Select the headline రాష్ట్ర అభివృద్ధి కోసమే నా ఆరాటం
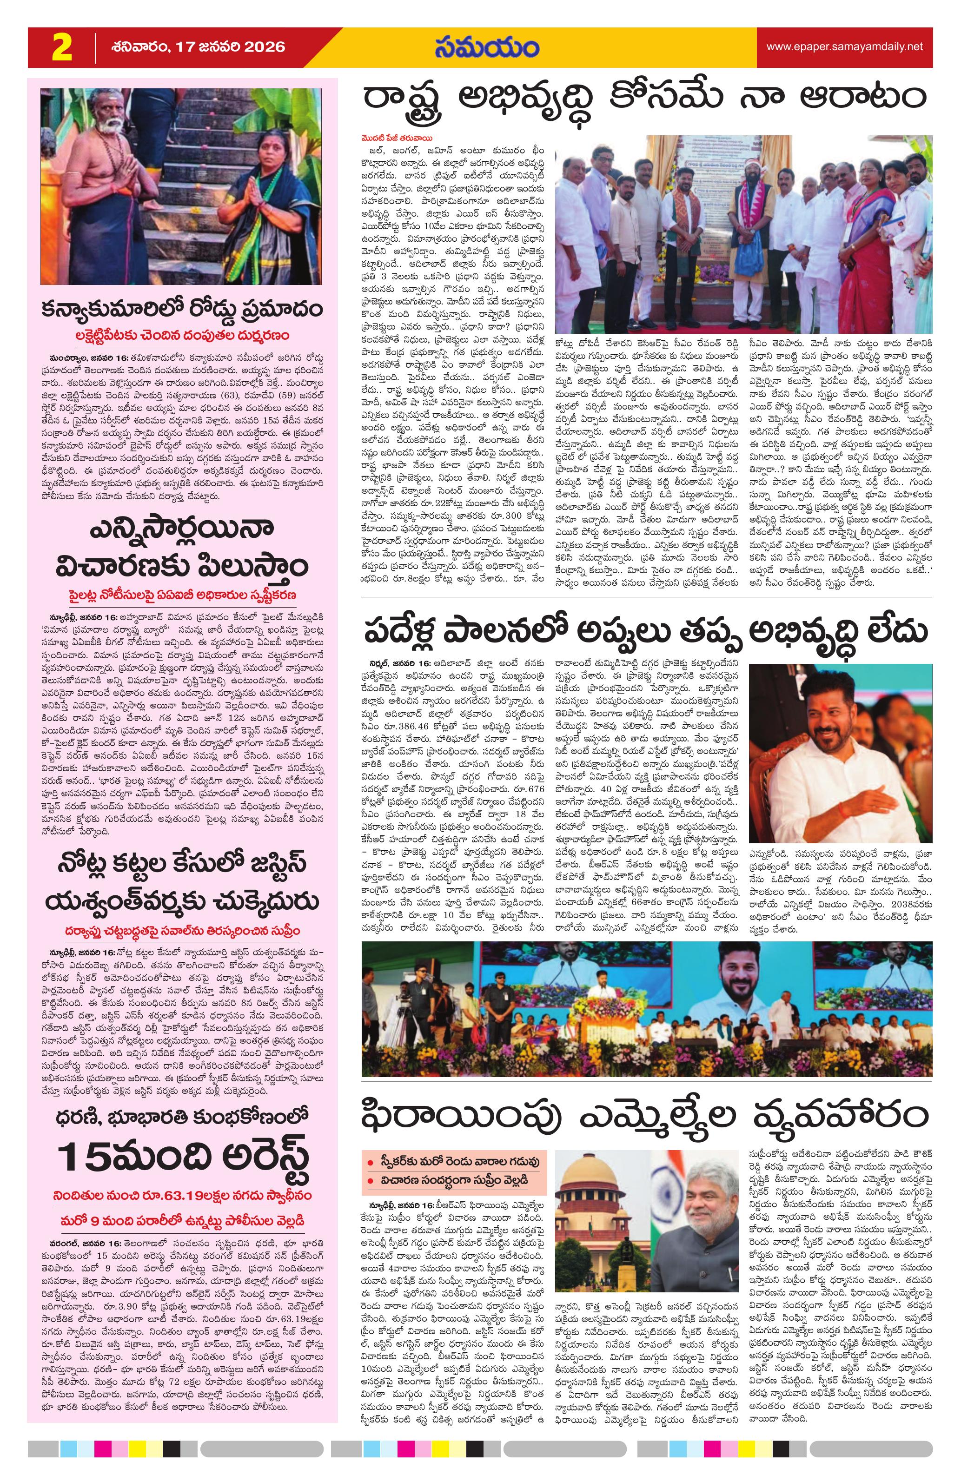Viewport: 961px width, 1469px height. [x=646, y=99]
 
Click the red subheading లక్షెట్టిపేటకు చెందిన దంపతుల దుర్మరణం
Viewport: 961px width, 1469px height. [x=183, y=336]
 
